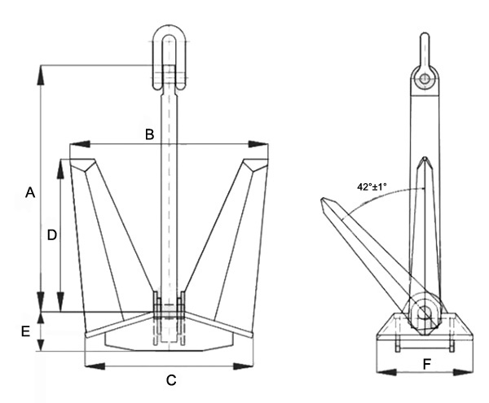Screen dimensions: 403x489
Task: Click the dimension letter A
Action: (30, 193)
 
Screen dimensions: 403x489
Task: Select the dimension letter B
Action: (149, 134)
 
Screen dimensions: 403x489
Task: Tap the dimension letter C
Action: (171, 379)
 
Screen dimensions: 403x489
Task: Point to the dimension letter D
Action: (51, 234)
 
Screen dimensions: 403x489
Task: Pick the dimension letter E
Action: (25, 331)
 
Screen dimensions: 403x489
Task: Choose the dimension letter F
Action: (426, 363)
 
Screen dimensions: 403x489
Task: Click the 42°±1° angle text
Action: (376, 186)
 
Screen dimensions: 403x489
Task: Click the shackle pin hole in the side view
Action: (424, 79)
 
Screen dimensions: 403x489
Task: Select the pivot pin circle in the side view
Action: (425, 312)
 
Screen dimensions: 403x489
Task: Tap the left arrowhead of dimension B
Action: (74, 145)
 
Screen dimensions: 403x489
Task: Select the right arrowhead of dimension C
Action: (251, 363)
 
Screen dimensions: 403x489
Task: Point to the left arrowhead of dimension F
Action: (380, 371)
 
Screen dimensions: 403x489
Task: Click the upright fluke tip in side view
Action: (425, 159)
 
